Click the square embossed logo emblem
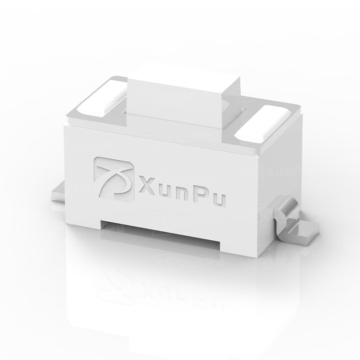(x=114, y=179)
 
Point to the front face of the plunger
(x=174, y=108)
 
